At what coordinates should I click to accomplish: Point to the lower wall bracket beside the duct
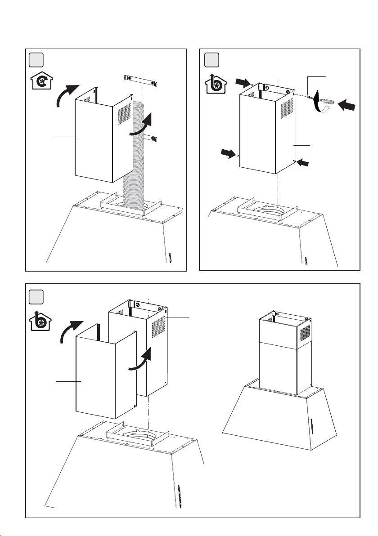[153, 138]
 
